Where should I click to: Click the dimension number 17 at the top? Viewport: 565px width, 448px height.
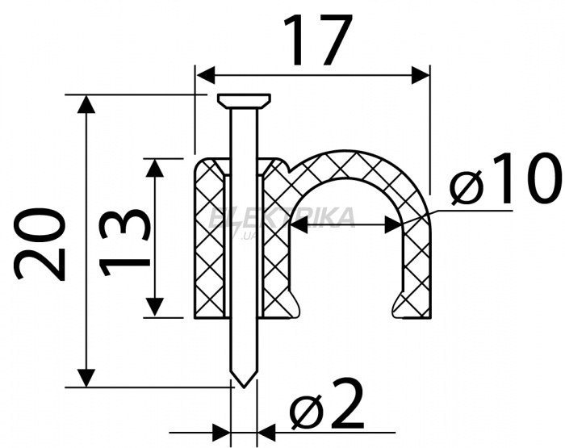317,40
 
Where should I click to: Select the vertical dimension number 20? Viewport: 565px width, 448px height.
40,244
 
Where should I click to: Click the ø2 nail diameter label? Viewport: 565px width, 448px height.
327,404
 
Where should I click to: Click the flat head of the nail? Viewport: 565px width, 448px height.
244,101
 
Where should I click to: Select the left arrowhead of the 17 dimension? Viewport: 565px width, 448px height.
205,75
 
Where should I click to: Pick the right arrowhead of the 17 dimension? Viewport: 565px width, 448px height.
421,75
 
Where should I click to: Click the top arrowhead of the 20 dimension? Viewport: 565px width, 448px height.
86,104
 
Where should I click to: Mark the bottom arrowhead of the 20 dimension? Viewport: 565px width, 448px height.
86,378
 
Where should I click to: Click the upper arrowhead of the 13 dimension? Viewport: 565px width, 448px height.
155,168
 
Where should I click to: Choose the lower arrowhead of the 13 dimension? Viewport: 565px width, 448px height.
155,308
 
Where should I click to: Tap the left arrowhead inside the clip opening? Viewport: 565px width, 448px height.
299,225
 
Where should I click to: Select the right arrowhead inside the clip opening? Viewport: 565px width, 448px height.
394,225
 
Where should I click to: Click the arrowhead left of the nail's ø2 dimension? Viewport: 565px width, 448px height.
221,432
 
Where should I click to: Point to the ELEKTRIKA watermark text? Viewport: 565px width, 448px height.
282,219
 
